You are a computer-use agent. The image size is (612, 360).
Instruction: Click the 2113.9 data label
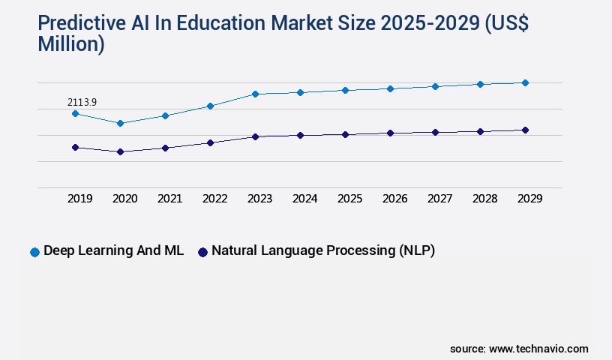[82, 101]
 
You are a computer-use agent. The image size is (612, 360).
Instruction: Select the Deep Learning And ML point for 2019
[75, 113]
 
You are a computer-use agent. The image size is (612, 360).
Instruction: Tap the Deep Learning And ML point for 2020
[120, 123]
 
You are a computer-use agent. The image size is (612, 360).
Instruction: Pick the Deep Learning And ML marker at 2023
[255, 94]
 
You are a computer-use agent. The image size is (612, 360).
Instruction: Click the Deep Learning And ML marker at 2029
[525, 82]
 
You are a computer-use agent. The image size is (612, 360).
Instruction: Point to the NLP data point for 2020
[120, 151]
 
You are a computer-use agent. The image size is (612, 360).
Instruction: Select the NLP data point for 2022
[210, 142]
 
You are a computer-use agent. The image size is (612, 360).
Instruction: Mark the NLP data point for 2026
[390, 133]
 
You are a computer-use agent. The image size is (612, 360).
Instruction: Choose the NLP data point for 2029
[525, 130]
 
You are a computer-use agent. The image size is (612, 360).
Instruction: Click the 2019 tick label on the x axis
[79, 199]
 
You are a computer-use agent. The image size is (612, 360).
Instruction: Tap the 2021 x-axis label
[169, 199]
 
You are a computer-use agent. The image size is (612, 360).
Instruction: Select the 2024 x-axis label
[304, 199]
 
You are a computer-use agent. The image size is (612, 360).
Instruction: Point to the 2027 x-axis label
[439, 199]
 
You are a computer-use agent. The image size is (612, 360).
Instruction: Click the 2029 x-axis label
[529, 199]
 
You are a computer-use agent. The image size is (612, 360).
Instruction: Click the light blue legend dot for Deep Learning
[34, 252]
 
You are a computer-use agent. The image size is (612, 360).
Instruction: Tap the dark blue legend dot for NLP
[202, 252]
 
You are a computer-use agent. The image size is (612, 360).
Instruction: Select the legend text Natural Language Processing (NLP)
[323, 251]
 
